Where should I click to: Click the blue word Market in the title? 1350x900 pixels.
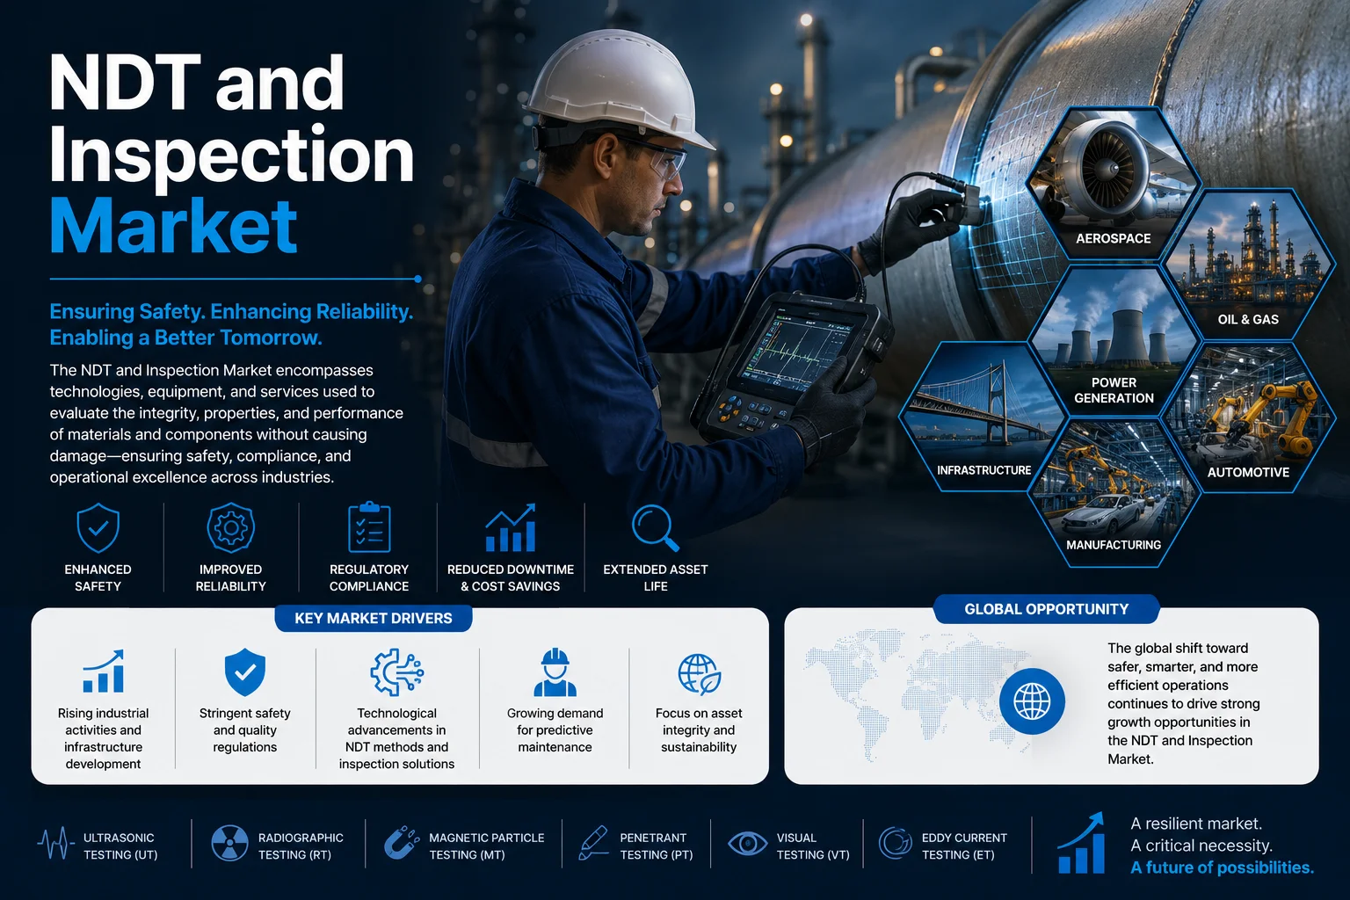pos(173,226)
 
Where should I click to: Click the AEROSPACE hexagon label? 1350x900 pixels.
pos(1114,239)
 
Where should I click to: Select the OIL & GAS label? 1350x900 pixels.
pos(1248,320)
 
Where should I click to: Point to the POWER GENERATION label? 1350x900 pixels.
pos(1114,390)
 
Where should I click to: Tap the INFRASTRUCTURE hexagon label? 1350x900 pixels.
pos(983,470)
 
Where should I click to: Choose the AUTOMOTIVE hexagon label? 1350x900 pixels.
pos(1248,473)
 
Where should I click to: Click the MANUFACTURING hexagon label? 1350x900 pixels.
pos(1114,545)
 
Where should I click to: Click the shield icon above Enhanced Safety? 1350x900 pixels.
pos(98,528)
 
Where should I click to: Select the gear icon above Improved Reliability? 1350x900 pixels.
pos(231,528)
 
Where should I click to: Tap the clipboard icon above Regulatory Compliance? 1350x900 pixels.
pos(369,526)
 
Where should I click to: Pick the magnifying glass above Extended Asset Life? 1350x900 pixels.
pos(655,528)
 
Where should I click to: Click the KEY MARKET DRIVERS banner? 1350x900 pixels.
pos(374,619)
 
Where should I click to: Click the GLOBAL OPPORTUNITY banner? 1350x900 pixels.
pos(1046,609)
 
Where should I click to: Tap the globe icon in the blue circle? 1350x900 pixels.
pos(1032,701)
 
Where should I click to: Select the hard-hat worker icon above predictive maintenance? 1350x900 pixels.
pos(555,672)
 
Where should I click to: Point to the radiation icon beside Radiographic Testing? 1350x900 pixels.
pos(229,843)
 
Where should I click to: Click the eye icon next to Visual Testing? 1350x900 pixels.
pos(747,844)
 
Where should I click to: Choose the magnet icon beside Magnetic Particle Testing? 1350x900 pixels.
pos(402,843)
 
